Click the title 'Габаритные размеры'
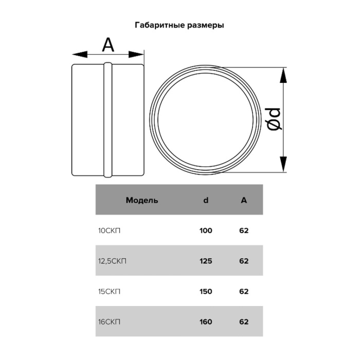tap(179, 25)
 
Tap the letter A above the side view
tap(108, 45)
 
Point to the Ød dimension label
tap(274, 119)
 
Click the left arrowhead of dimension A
tap(80, 55)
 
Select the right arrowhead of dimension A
tap(136, 55)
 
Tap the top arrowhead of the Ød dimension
tap(283, 75)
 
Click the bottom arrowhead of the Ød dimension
tap(283, 164)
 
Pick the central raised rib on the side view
tap(108, 120)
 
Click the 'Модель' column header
tap(142, 200)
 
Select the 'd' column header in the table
tap(206, 200)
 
